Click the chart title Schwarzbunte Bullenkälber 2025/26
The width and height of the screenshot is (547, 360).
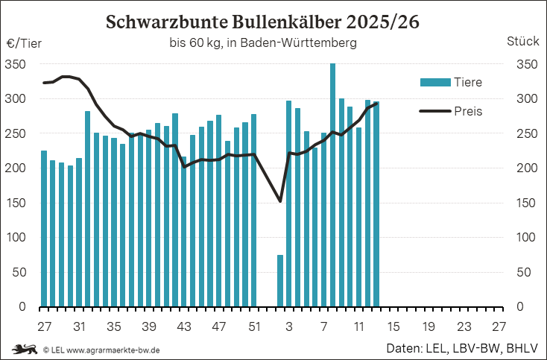[x=262, y=22]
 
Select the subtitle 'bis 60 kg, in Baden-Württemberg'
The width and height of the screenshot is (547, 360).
[x=263, y=43]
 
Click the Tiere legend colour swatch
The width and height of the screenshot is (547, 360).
[x=434, y=82]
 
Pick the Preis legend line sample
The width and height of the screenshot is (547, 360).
[x=434, y=111]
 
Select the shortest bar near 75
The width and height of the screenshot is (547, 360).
[x=280, y=280]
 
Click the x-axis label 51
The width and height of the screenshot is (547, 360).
[x=254, y=326]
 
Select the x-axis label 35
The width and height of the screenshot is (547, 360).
[x=114, y=326]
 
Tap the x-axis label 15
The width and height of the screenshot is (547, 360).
[x=394, y=326]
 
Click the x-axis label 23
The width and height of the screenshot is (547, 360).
[x=464, y=326]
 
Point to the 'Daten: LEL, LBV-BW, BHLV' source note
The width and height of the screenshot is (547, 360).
[x=463, y=348]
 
